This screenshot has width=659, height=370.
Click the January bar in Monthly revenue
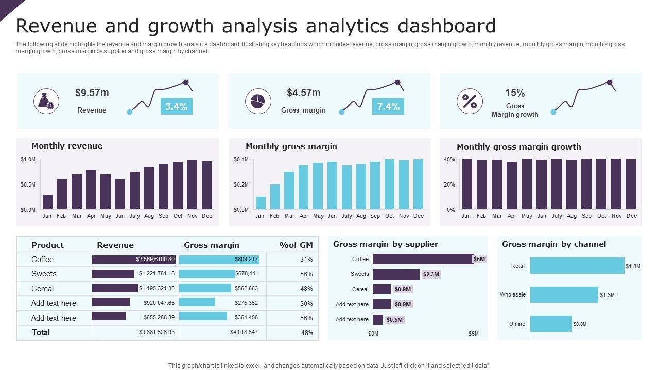click(48, 202)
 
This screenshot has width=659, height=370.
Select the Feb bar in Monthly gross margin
click(275, 197)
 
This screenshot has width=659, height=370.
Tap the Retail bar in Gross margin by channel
click(577, 266)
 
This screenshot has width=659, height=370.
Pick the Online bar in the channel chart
click(551, 324)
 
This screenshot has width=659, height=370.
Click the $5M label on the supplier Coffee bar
click(479, 259)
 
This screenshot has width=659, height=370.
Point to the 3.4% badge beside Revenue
click(177, 106)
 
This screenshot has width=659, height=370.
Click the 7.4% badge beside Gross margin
click(388, 106)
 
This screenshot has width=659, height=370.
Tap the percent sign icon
click(470, 101)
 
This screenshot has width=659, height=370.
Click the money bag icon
click(46, 101)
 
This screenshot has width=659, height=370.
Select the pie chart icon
click(258, 101)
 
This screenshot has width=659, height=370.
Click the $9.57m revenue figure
click(92, 92)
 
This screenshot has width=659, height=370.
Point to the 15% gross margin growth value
click(515, 93)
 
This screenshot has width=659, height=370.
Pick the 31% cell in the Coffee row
click(306, 260)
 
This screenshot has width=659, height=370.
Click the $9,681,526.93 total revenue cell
click(157, 332)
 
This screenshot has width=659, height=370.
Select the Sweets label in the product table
click(44, 274)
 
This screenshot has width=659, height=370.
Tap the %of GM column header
click(296, 245)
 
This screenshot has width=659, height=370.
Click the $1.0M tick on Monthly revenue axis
click(28, 160)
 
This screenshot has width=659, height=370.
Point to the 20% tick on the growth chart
click(449, 184)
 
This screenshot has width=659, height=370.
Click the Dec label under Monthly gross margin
click(419, 216)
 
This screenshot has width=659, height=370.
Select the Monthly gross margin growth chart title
click(518, 146)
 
